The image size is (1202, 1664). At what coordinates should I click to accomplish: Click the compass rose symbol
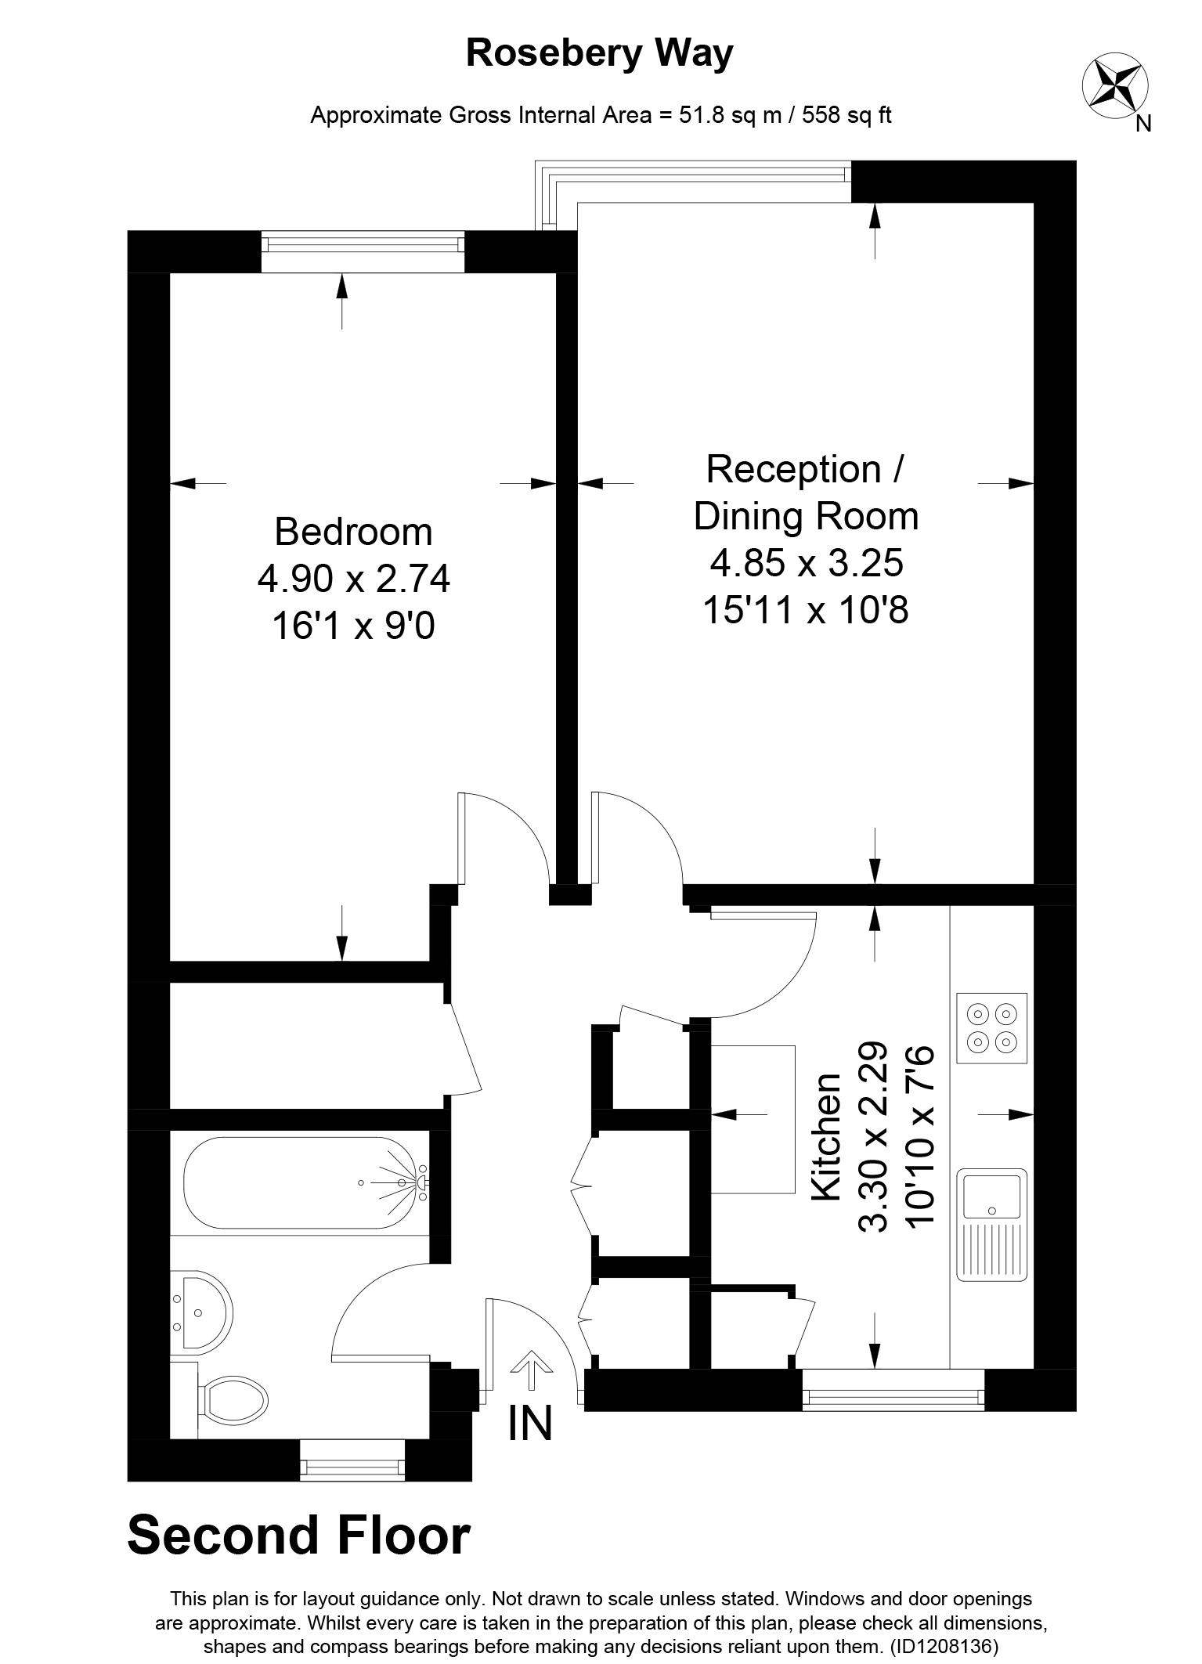[1115, 84]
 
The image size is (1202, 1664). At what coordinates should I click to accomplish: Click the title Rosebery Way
[600, 53]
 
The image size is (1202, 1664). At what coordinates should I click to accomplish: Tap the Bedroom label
[353, 532]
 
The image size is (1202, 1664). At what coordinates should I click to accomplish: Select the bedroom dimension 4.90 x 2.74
[354, 579]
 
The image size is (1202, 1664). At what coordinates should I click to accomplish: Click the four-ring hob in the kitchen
[991, 1028]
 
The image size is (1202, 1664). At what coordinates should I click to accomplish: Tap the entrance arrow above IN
[531, 1371]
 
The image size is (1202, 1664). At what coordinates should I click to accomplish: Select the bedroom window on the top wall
[363, 244]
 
